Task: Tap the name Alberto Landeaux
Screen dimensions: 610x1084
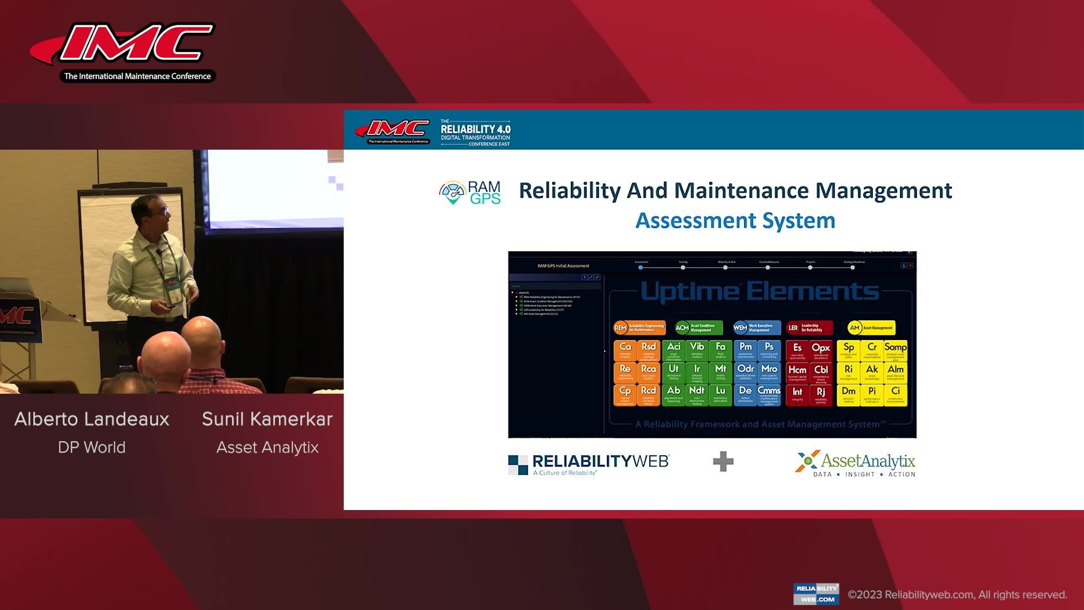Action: pos(92,419)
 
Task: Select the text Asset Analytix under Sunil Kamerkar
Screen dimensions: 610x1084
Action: pos(267,447)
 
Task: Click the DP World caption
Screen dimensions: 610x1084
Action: pos(92,447)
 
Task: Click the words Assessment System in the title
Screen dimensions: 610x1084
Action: pos(735,220)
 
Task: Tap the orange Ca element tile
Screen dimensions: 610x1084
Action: pos(625,350)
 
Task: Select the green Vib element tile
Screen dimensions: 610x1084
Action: pos(697,350)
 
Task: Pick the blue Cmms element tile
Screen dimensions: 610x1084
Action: pos(769,394)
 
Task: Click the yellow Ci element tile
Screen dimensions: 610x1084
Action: pos(895,394)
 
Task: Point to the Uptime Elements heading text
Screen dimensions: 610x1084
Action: pos(759,292)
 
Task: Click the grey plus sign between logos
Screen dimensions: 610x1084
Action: pos(723,461)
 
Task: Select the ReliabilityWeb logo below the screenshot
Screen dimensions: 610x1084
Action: pos(589,464)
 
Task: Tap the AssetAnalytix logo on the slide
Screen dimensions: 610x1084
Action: pos(855,464)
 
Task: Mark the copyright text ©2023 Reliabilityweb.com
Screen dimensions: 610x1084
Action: pos(957,595)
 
